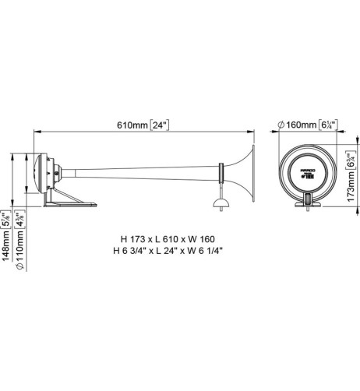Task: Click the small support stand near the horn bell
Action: point(221,203)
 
